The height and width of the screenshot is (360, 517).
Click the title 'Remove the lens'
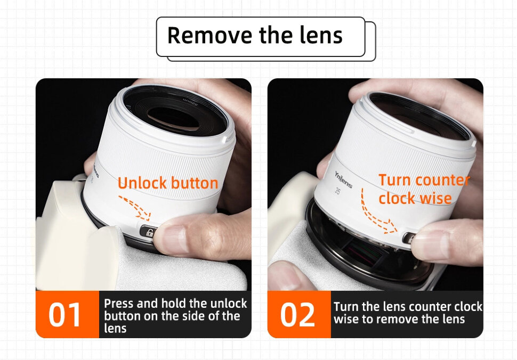pyautogui.click(x=255, y=35)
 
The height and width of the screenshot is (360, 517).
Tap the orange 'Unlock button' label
pyautogui.click(x=168, y=183)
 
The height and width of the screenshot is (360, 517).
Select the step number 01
pyautogui.click(x=64, y=315)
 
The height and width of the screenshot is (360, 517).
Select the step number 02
pyautogui.click(x=297, y=315)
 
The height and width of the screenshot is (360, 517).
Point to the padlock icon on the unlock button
pyautogui.click(x=149, y=233)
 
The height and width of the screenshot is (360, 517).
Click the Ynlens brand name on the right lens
pyautogui.click(x=343, y=180)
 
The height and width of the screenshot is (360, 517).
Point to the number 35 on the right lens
pyautogui.click(x=337, y=191)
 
